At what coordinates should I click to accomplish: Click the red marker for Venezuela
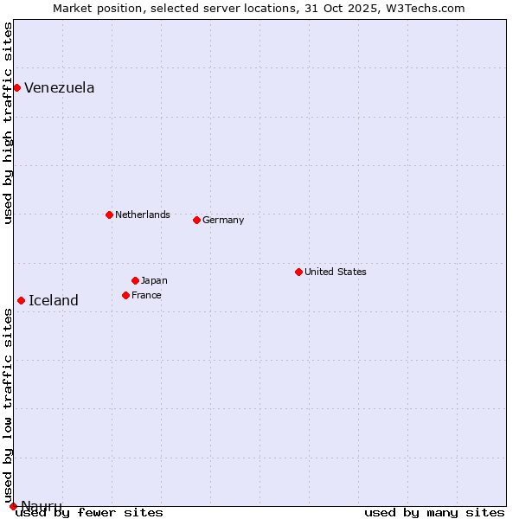pos(16,87)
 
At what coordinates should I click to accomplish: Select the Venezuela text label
pos(59,87)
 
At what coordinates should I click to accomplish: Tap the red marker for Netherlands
pos(109,215)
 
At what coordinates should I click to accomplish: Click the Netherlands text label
pos(142,215)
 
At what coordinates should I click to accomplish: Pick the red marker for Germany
pos(196,220)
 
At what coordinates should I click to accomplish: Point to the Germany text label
pos(223,220)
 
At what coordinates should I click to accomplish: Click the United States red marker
pos(298,272)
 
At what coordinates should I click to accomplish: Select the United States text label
pos(335,272)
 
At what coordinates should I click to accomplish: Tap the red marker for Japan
pos(135,280)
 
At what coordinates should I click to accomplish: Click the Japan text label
pos(154,280)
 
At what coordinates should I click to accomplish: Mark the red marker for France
pos(125,295)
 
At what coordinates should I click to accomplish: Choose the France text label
pos(146,295)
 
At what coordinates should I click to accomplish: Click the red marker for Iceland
pos(21,300)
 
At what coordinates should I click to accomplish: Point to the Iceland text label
pos(53,300)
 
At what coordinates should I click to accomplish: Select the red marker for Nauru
pos(13,506)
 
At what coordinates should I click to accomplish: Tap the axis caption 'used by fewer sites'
pos(90,513)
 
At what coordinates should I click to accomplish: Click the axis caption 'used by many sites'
pos(434,513)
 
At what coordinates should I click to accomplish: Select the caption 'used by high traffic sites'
pos(8,123)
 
